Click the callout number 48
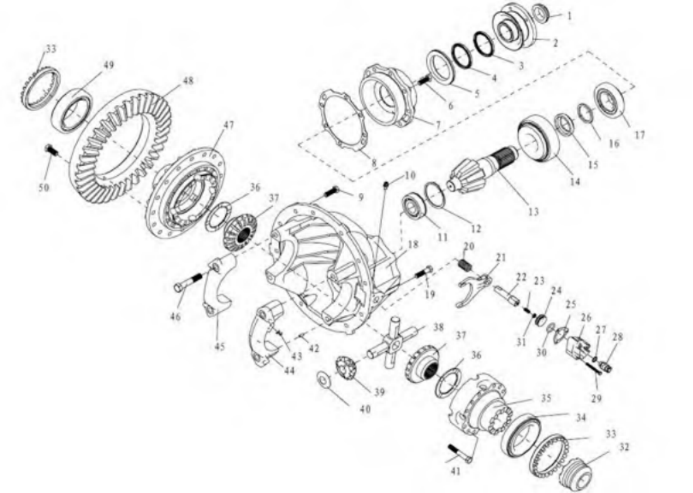click(188, 81)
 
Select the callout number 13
click(534, 212)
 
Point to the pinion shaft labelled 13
click(483, 170)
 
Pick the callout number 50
click(44, 188)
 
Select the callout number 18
click(413, 245)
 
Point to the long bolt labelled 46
click(189, 283)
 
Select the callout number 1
click(569, 15)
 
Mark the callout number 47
click(229, 125)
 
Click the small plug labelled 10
click(386, 185)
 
